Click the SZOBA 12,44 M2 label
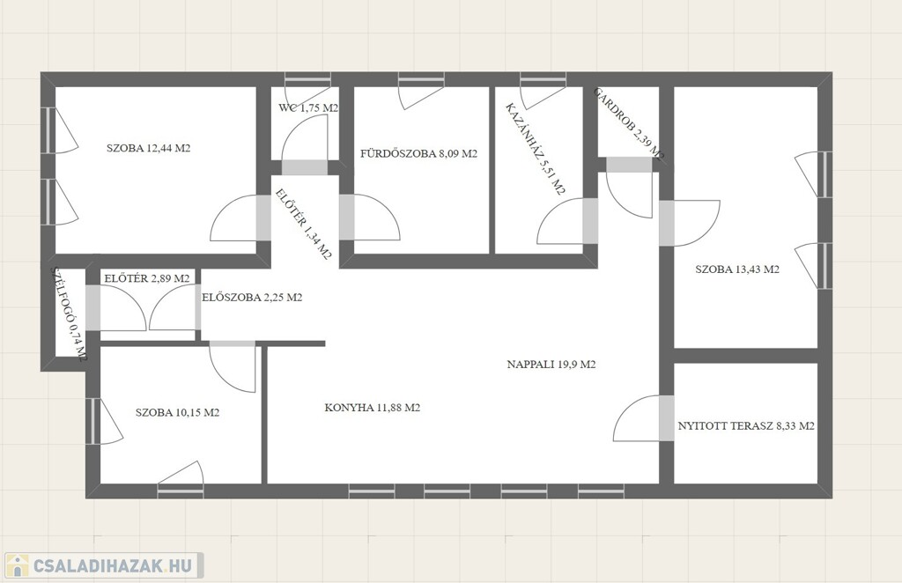pyautogui.click(x=148, y=148)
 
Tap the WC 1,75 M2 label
pyautogui.click(x=307, y=107)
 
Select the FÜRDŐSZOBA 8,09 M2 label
pyautogui.click(x=418, y=153)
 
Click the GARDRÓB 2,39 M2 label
pyautogui.click(x=629, y=123)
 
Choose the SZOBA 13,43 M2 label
pyautogui.click(x=737, y=269)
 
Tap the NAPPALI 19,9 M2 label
pyautogui.click(x=551, y=364)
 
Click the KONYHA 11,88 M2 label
pyautogui.click(x=373, y=408)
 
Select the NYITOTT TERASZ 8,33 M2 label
pyautogui.click(x=746, y=426)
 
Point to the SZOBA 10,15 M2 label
pyautogui.click(x=177, y=412)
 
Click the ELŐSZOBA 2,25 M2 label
pyautogui.click(x=252, y=298)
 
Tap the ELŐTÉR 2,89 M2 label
pyautogui.click(x=147, y=278)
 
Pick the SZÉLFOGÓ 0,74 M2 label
pyautogui.click(x=69, y=314)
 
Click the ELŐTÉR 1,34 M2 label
pyautogui.click(x=303, y=225)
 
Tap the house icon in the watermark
pyautogui.click(x=17, y=565)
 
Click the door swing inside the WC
pyautogui.click(x=305, y=144)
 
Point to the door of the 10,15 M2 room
pyautogui.click(x=233, y=366)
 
